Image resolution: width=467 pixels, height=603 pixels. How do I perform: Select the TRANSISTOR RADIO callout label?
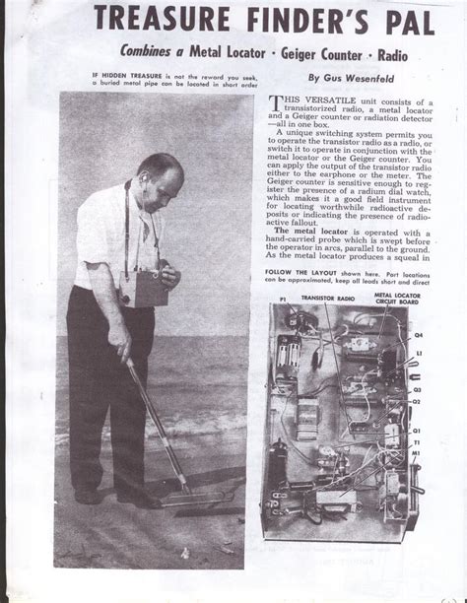tap(334, 321)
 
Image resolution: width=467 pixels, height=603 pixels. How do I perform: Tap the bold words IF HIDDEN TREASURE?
tap(125, 76)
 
